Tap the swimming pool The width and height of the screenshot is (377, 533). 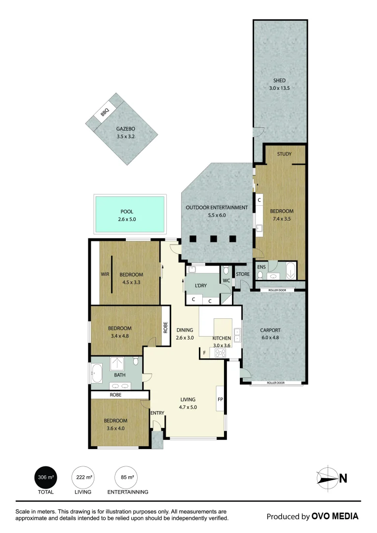[130, 215]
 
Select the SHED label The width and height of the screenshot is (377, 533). [279, 80]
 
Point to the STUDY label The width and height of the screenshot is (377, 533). [284, 154]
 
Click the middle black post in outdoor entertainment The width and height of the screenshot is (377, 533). [214, 239]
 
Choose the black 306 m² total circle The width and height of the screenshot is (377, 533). [45, 477]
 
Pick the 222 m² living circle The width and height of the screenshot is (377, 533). [83, 477]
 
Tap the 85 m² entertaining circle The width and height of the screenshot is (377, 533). [126, 477]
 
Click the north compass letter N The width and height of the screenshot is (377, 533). [343, 479]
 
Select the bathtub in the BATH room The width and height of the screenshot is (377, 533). [96, 373]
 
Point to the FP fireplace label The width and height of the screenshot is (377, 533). [220, 399]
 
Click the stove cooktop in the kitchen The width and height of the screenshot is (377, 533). [220, 353]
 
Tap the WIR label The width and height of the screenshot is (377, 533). [105, 274]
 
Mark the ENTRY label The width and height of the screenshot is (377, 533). [157, 413]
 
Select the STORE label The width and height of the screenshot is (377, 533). [243, 274]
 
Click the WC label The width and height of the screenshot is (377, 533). [226, 280]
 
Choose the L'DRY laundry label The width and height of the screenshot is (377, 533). [200, 286]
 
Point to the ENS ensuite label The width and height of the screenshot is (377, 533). [262, 267]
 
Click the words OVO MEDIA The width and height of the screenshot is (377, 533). [335, 516]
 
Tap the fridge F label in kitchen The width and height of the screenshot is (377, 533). [204, 353]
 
